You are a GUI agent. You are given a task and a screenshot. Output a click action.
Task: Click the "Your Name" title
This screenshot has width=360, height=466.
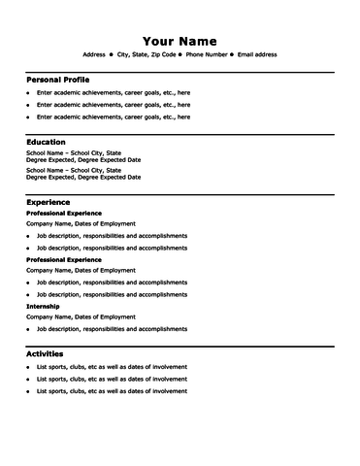(180, 40)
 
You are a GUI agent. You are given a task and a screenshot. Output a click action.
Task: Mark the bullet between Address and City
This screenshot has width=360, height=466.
(112, 55)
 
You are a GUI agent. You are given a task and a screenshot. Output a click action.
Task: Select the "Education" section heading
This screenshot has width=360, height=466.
(46, 142)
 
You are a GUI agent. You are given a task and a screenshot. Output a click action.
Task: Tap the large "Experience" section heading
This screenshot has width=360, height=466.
(48, 201)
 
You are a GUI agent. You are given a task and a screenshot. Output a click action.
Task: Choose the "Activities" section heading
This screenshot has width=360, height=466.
(45, 353)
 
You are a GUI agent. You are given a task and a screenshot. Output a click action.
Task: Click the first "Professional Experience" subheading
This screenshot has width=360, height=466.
(63, 213)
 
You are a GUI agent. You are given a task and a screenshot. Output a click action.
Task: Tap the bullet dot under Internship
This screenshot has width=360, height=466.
(28, 330)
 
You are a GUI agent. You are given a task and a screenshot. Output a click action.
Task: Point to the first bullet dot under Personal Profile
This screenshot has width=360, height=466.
(28, 92)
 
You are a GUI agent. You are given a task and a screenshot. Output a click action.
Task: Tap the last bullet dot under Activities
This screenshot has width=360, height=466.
(28, 391)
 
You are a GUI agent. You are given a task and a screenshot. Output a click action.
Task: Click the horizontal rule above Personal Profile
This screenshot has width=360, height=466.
(180, 71)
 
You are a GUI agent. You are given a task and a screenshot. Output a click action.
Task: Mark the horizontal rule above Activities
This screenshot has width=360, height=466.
(180, 347)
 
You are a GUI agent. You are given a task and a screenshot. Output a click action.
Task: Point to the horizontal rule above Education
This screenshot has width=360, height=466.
(180, 134)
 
